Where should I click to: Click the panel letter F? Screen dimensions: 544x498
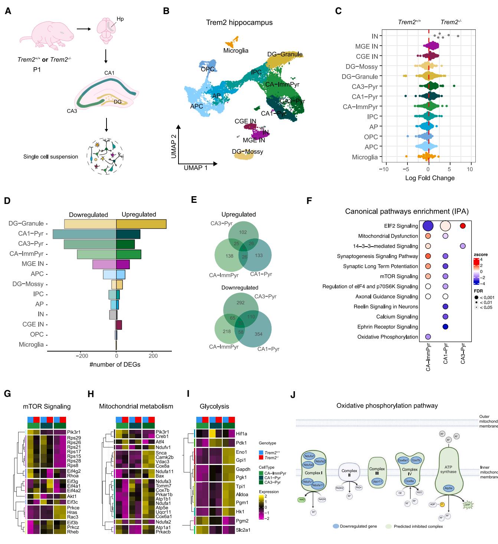point(309,201)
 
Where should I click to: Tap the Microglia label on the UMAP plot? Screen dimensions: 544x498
point(236,50)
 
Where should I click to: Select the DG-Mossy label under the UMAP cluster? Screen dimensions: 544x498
point(248,151)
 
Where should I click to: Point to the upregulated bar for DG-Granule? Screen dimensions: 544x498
point(141,224)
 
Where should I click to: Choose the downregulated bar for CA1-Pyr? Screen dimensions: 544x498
point(85,234)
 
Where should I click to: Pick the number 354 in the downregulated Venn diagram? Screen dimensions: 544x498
point(258,334)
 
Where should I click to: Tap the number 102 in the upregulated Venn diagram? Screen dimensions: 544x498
point(243,232)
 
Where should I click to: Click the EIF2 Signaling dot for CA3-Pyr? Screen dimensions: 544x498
point(462,226)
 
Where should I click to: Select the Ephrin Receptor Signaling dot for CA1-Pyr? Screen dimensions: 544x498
point(445,327)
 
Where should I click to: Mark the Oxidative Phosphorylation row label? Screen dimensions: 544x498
point(387,337)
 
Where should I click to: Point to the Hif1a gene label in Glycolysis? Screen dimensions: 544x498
point(242,433)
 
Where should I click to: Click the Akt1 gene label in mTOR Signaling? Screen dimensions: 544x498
point(72,496)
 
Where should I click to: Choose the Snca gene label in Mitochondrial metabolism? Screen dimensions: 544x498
point(161,453)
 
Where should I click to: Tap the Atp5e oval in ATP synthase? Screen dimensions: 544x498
point(448,488)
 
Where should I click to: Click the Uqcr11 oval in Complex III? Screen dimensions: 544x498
point(377,481)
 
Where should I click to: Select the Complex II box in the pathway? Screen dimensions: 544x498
point(349,473)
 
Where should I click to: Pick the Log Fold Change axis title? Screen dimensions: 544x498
point(430,178)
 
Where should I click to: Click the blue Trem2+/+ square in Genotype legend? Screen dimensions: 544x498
point(261,453)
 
